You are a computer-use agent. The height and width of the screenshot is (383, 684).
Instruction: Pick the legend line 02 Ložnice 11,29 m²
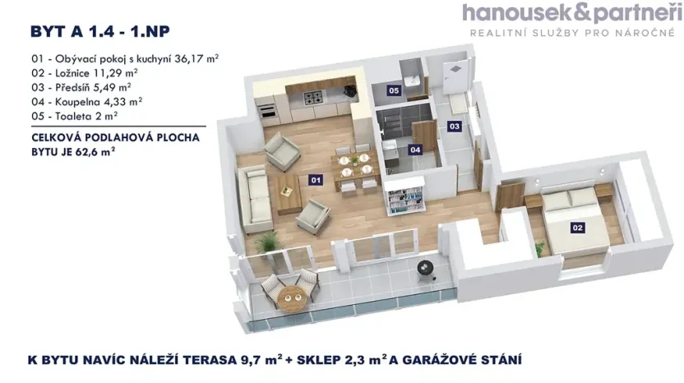pyautogui.click(x=82, y=73)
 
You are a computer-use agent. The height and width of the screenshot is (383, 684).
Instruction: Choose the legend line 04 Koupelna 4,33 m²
pyautogui.click(x=85, y=101)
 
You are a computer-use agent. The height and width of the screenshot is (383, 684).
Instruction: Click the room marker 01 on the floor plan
pyautogui.click(x=315, y=178)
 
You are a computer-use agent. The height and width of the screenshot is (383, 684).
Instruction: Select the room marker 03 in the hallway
pyautogui.click(x=454, y=126)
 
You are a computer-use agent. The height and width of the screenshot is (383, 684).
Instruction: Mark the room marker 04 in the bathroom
pyautogui.click(x=415, y=150)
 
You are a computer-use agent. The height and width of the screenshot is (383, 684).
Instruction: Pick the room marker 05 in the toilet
pyautogui.click(x=395, y=90)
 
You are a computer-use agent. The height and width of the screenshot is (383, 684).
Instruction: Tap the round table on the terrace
pyautogui.click(x=289, y=294)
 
